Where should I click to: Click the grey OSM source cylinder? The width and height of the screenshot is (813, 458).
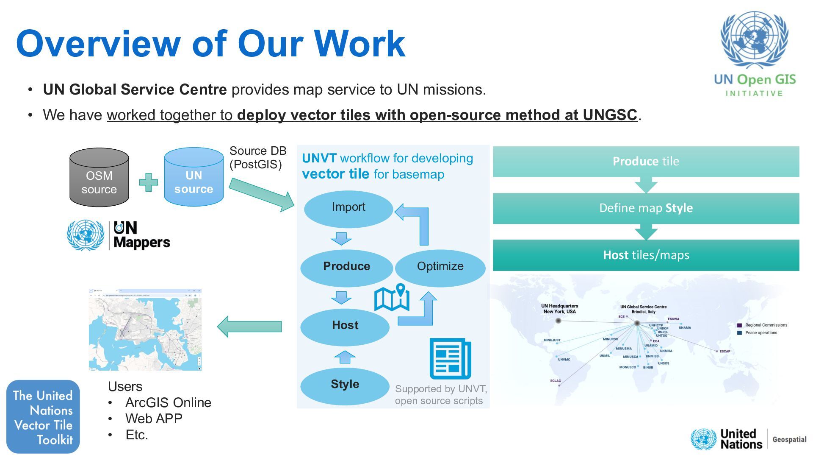click(x=99, y=178)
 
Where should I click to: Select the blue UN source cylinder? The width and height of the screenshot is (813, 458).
click(x=194, y=178)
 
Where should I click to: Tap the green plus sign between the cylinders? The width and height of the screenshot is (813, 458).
click(x=148, y=182)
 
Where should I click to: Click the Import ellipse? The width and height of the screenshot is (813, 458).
click(x=348, y=209)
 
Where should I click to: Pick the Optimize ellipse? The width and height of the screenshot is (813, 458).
click(x=440, y=268)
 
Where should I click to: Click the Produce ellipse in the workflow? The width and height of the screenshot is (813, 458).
click(x=346, y=268)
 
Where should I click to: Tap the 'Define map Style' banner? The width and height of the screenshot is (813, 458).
click(x=646, y=208)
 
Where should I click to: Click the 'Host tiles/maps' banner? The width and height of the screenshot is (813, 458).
click(x=646, y=255)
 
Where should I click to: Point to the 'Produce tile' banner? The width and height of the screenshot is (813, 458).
click(x=646, y=162)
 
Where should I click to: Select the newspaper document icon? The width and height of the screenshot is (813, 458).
click(x=450, y=358)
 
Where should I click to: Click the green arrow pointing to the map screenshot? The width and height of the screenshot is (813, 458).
click(x=249, y=327)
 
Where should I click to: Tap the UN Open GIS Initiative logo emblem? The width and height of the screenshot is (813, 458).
click(x=754, y=40)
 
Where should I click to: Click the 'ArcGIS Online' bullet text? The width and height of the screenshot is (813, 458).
click(x=168, y=402)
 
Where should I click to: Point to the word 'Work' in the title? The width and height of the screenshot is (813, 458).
click(x=359, y=43)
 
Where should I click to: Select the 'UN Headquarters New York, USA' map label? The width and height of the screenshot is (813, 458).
click(x=559, y=309)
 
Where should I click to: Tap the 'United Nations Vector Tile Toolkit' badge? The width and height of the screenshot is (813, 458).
click(x=43, y=417)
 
